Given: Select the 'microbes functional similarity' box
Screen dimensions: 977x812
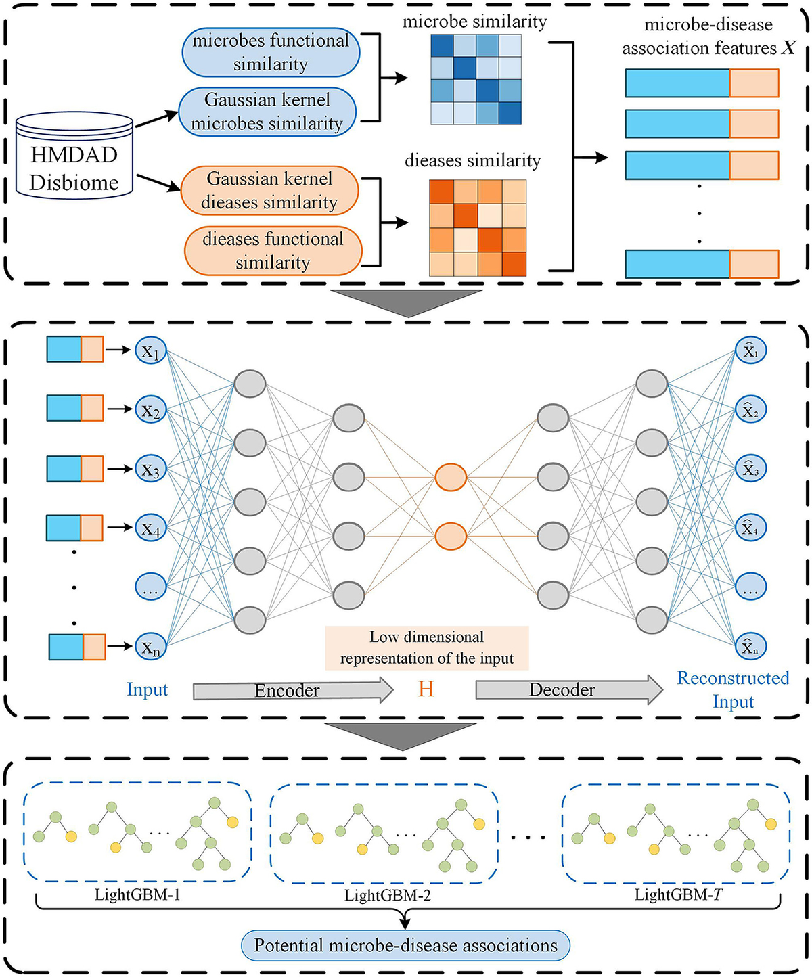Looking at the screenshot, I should point(271,53).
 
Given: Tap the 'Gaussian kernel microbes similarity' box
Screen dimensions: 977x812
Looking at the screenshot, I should point(267,112).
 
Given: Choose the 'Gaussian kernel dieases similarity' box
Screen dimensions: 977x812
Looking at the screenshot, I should point(269,191).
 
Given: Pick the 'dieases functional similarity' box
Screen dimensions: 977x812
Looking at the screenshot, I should point(273,251).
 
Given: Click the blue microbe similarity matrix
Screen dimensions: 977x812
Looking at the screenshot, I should point(476,79).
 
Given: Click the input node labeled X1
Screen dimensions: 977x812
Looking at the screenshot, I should point(150,351).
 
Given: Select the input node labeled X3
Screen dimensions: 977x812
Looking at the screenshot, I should point(150,469).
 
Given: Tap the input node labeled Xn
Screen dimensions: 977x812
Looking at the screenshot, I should point(150,646).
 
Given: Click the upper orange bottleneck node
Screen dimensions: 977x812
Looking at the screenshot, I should point(451,478).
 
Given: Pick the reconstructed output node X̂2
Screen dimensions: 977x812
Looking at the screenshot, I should point(750,410).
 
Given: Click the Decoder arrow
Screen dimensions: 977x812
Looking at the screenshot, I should point(568,689).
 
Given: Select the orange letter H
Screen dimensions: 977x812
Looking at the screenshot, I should point(426,689).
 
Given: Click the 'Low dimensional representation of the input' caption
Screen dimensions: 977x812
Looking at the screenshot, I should point(427,647).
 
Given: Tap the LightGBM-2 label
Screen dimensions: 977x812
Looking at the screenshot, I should point(387,896).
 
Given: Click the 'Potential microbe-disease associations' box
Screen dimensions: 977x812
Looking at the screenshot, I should point(405,945).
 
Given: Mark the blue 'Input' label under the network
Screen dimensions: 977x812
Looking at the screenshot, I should point(147,689).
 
